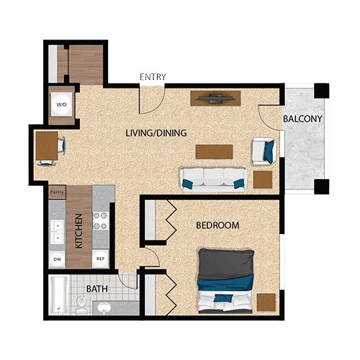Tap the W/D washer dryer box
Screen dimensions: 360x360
coord(61,105)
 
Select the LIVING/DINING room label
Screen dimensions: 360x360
coord(156,132)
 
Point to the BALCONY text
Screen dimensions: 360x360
coord(302,118)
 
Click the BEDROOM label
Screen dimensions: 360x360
coord(217,225)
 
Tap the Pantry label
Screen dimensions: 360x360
coord(57,192)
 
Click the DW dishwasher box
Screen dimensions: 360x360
coord(57,258)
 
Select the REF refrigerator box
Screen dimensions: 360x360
coord(101,258)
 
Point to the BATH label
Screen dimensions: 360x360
coord(97,289)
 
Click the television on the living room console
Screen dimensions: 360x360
coord(215,96)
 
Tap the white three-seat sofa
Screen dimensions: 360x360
coord(214,179)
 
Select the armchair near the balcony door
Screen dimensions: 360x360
coord(262,150)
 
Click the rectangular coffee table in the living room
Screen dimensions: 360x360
coord(214,151)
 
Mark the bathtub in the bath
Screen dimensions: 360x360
coord(58,295)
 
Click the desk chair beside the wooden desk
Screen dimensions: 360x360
coord(63,147)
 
